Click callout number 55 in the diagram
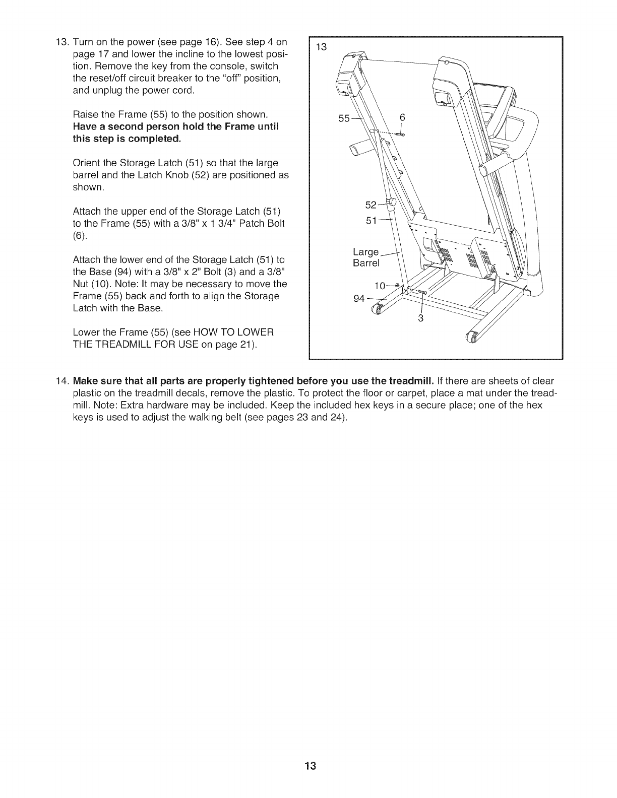click(344, 118)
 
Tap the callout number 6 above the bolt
click(402, 117)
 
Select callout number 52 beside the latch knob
click(371, 205)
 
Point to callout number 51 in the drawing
click(371, 220)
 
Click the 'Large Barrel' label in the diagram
click(365, 257)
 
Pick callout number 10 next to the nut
click(379, 286)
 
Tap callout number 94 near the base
click(359, 298)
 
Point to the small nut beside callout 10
click(397, 286)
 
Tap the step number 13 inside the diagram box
click(321, 47)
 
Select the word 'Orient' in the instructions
click(86, 163)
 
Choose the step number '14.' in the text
click(62, 366)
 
